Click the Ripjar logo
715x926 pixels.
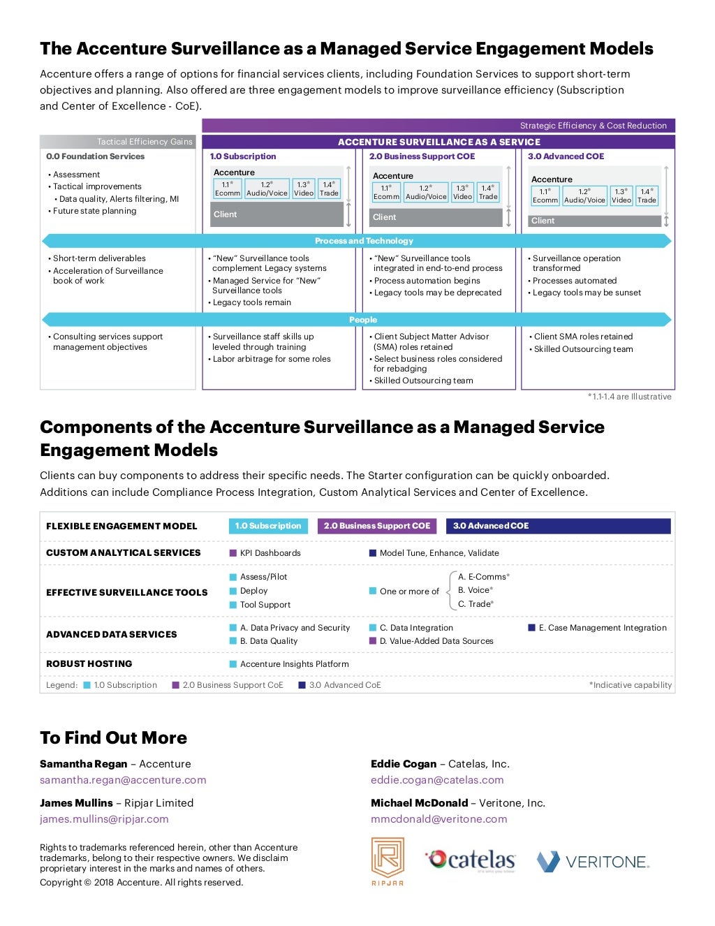388,861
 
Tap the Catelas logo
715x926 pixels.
471,860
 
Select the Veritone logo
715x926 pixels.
593,861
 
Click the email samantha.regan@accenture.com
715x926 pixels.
123,780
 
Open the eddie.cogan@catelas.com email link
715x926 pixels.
437,780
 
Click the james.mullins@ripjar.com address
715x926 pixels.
104,819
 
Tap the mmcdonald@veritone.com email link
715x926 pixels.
438,819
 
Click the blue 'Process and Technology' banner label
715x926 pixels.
364,241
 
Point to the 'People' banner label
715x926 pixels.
363,320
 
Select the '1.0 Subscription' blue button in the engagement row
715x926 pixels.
268,526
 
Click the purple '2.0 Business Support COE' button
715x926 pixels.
377,526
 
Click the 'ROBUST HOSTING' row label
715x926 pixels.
89,663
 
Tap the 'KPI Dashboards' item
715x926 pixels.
270,553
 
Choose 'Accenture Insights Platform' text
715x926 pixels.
294,664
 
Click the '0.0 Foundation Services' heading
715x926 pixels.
95,156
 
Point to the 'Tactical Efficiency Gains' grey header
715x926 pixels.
145,142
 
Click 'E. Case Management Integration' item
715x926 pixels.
603,628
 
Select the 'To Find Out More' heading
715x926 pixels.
113,738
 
